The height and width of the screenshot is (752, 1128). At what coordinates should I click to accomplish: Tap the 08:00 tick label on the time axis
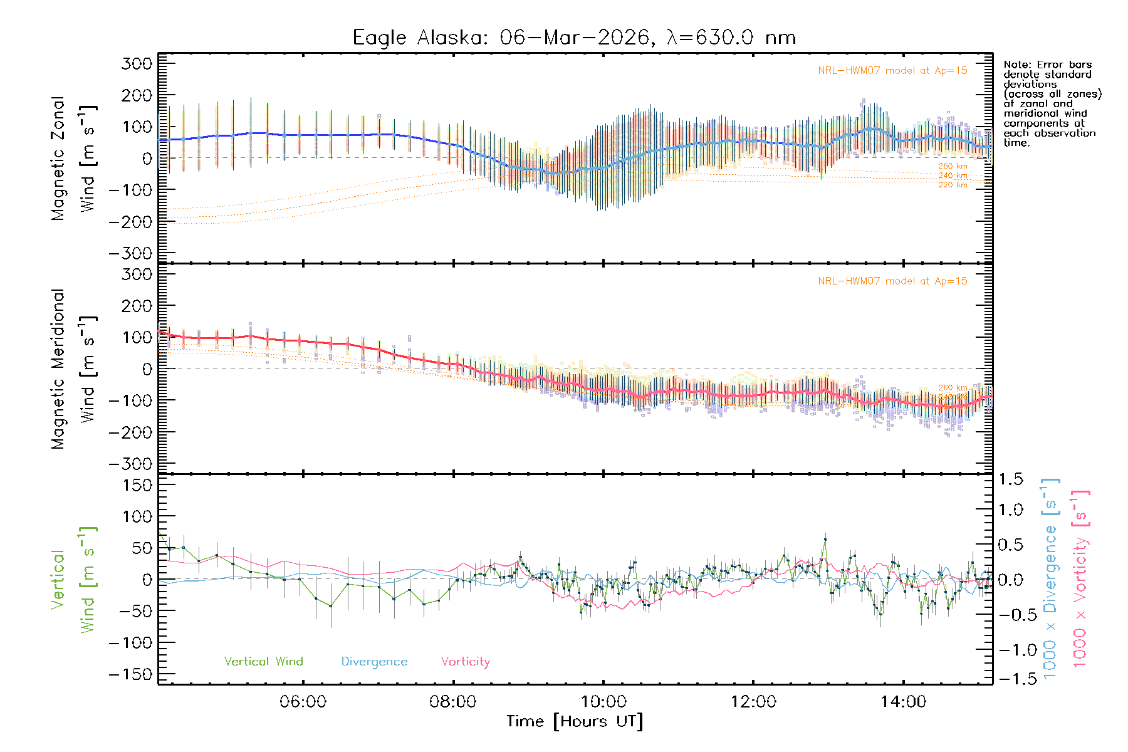tap(452, 701)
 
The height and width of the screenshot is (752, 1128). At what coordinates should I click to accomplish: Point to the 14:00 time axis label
tap(903, 701)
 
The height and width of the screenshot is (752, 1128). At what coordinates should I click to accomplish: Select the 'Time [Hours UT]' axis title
tap(575, 721)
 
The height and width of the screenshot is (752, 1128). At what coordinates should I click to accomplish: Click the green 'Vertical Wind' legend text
tap(263, 662)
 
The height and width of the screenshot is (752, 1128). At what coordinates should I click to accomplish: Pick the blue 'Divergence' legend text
tap(374, 662)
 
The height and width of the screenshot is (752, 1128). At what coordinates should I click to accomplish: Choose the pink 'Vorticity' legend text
tap(465, 662)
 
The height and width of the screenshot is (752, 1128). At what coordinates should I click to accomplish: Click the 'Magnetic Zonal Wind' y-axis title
tap(73, 158)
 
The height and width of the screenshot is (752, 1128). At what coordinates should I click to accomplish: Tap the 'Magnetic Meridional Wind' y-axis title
tap(73, 368)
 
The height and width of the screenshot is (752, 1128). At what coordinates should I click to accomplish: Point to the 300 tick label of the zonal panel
tap(137, 63)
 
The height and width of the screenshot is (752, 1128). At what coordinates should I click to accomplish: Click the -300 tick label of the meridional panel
tap(130, 464)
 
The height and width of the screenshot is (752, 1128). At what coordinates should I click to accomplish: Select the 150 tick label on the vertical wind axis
tap(137, 485)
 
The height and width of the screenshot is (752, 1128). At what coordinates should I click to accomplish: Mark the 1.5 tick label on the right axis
tap(1010, 479)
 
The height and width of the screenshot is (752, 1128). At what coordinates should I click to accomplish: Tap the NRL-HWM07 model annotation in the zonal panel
tap(892, 71)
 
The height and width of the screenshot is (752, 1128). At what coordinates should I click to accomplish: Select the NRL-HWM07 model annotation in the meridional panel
tap(892, 281)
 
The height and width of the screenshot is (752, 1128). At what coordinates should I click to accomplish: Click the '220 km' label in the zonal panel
tap(953, 185)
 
